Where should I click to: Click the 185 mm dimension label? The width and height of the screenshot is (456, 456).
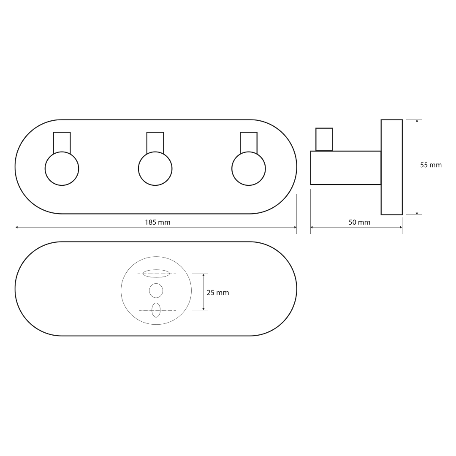(x=157, y=223)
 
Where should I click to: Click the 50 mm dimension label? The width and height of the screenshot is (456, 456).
(x=359, y=223)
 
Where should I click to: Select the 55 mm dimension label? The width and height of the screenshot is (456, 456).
(x=431, y=165)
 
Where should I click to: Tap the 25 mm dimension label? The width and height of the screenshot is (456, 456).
(x=218, y=293)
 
